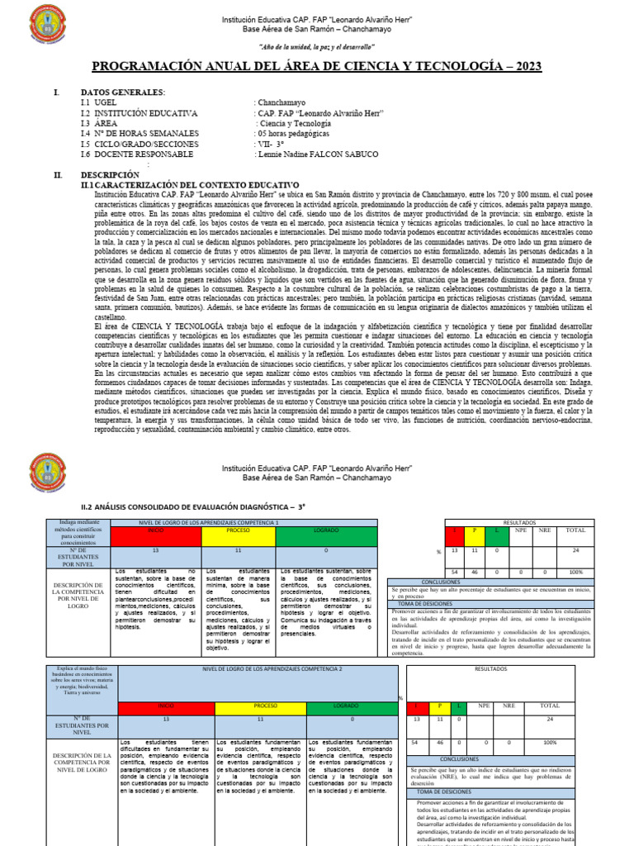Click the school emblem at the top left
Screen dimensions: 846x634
[50, 26]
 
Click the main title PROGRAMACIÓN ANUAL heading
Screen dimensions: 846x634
[317, 68]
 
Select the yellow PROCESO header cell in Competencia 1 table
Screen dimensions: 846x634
[238, 530]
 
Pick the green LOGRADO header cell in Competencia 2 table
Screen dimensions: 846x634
[345, 706]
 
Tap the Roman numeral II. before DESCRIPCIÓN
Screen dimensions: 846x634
[58, 175]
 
